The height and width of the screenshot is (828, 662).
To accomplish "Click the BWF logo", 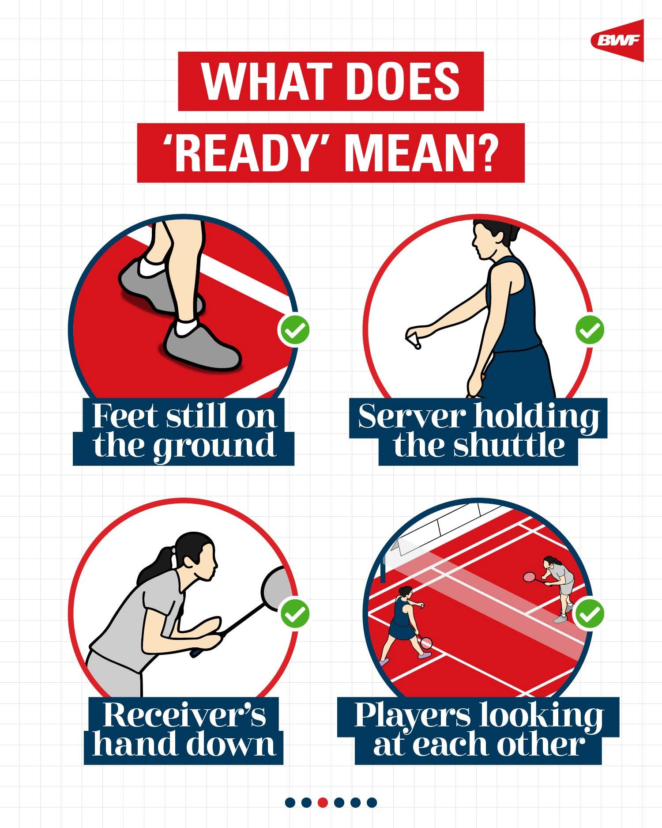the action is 618,41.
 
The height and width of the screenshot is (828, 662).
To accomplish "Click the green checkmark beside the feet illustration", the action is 293,330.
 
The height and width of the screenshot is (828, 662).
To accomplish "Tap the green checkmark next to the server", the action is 590,330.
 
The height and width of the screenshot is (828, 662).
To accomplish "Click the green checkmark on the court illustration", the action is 590,613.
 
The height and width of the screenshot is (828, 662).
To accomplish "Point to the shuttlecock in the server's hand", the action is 414,340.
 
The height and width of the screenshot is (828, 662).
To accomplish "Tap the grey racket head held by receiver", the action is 277,587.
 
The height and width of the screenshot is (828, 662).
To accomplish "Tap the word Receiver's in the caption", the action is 184,715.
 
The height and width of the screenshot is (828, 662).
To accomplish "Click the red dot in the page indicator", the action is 323,802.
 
